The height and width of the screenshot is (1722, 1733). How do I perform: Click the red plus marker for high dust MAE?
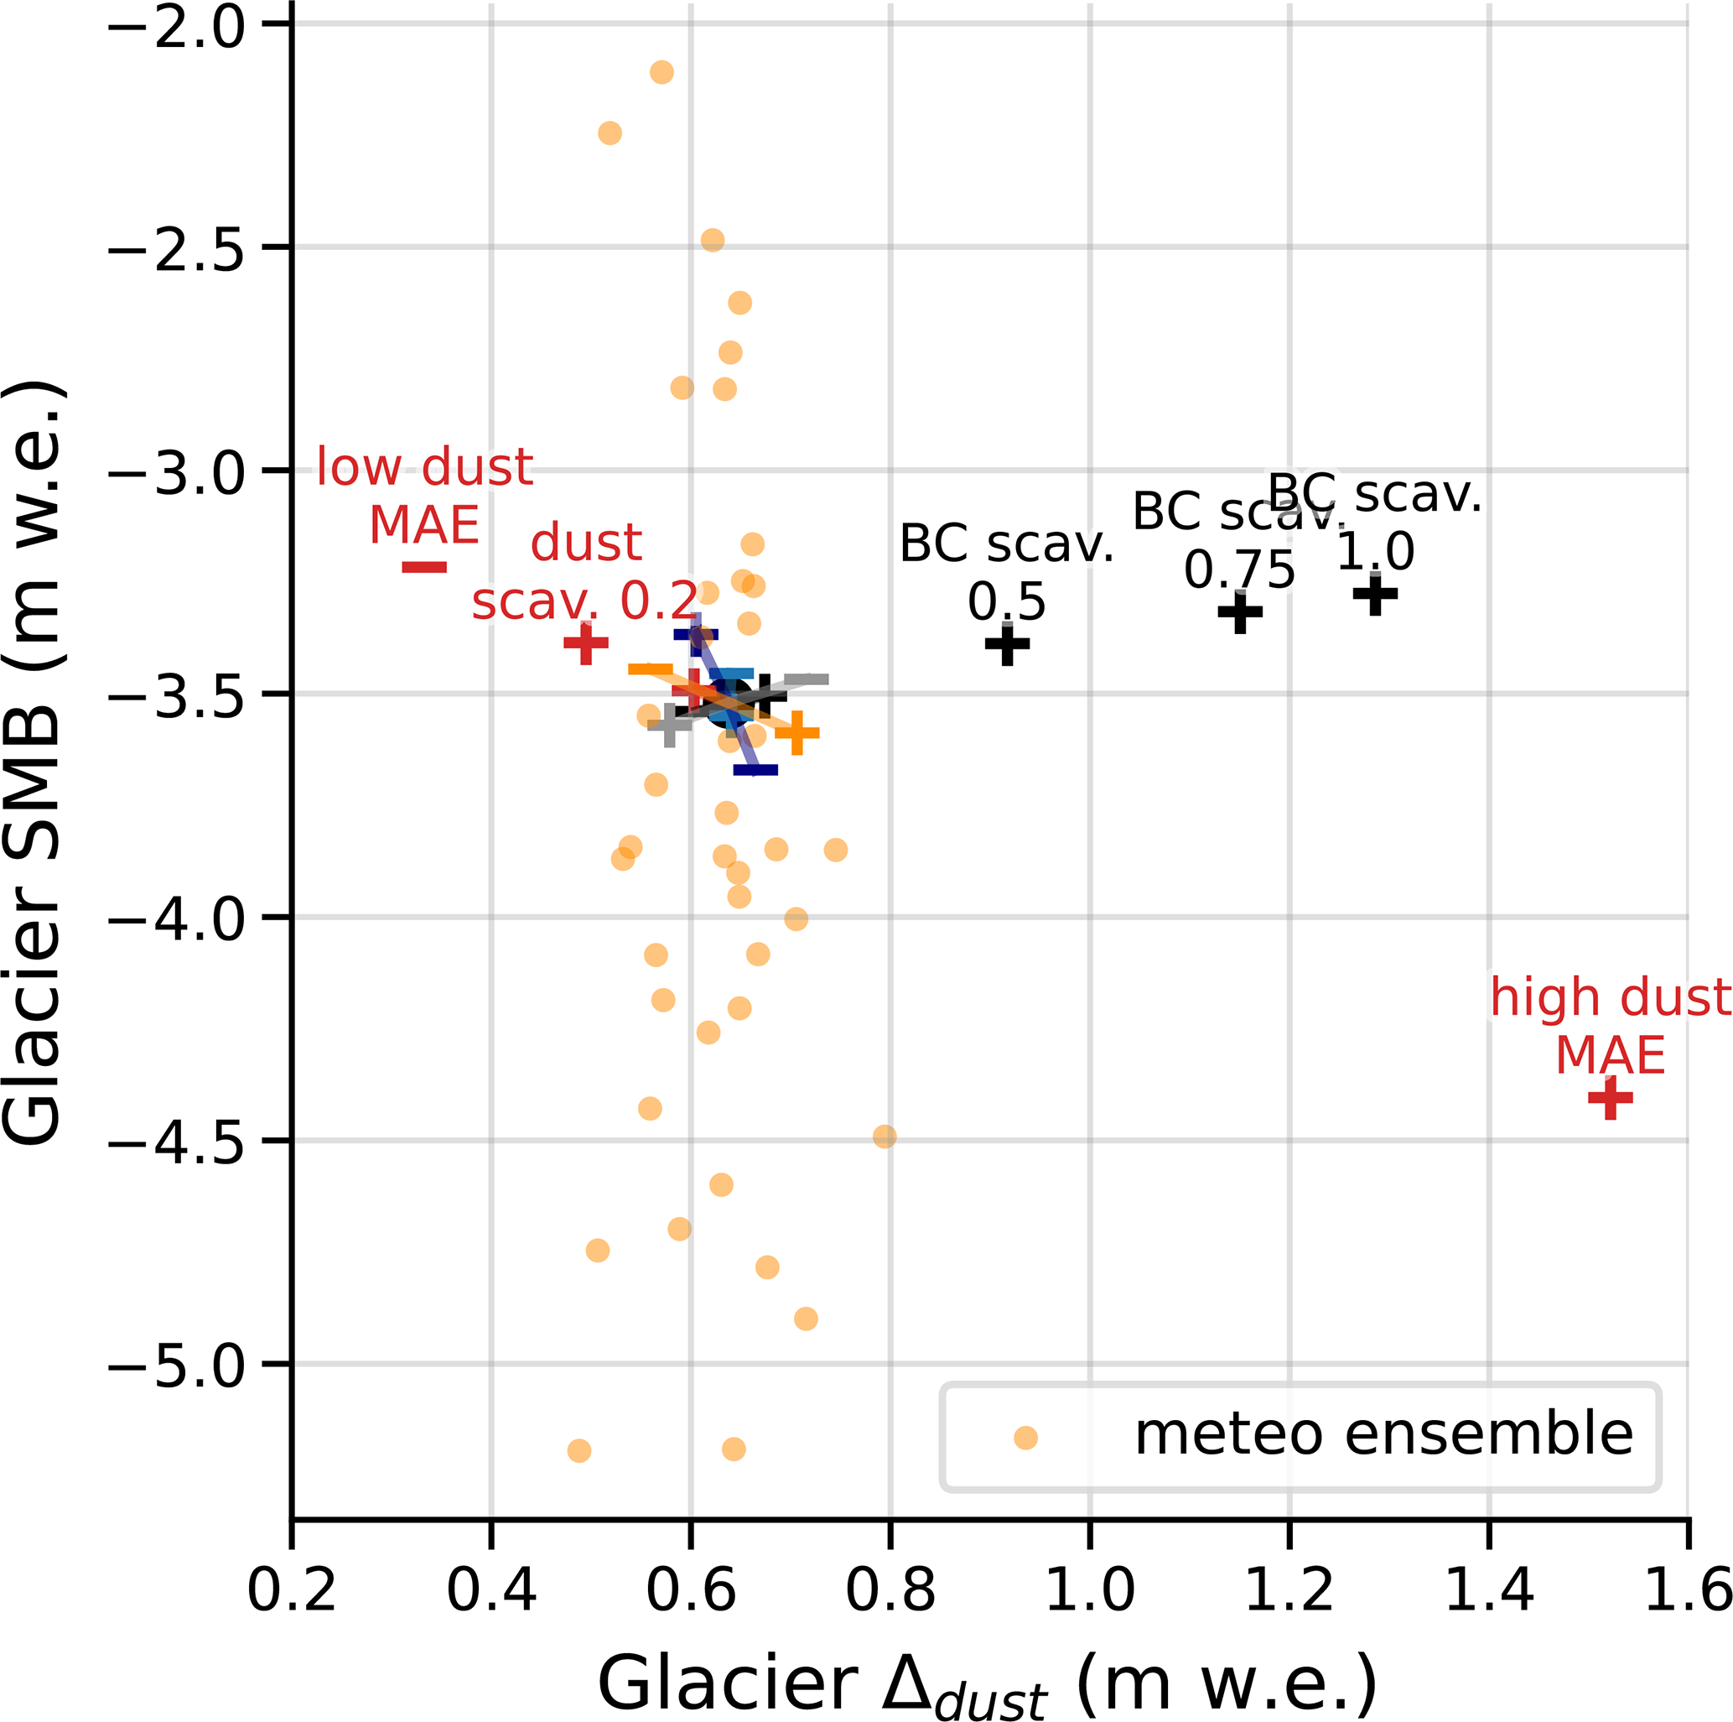1610,1097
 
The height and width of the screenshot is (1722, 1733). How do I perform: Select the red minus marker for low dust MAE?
424,567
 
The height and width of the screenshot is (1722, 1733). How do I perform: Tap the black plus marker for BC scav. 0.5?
1007,643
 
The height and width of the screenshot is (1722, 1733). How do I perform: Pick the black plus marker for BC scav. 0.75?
1241,612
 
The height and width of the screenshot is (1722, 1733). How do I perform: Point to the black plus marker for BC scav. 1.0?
1375,593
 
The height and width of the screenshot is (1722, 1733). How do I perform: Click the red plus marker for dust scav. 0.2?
586,642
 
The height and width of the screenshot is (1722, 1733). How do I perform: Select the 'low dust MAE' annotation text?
424,496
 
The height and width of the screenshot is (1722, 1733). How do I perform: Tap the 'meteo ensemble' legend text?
1383,1434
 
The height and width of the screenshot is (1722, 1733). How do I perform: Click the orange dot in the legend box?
1025,1438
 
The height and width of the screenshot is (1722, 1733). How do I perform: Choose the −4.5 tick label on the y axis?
177,1141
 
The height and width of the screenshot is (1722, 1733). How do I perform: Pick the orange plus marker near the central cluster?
796,733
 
